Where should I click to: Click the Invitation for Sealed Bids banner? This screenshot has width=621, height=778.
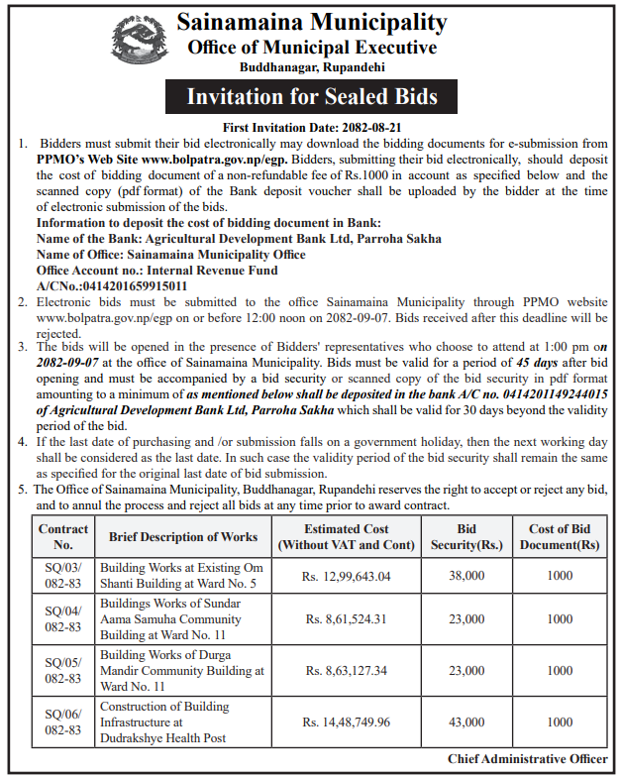coord(312,97)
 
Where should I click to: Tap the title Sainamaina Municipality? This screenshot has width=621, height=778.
coord(312,21)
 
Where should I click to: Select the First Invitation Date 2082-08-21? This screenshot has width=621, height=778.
coord(312,128)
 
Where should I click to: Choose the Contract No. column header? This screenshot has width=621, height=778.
coord(63,537)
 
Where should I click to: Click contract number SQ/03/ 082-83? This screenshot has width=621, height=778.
coord(63,576)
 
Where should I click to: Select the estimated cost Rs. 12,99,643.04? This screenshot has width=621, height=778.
coord(347,576)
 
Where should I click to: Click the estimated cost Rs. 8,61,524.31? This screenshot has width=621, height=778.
coord(347,619)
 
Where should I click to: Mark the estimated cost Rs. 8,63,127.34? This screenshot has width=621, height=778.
coord(347,671)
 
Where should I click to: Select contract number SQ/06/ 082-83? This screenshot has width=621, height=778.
coord(63,722)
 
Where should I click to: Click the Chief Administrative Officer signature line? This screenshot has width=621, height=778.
coord(527,759)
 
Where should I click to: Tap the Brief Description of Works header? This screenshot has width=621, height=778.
coord(183,537)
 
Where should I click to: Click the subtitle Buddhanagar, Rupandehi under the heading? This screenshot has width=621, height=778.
coord(312,67)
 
